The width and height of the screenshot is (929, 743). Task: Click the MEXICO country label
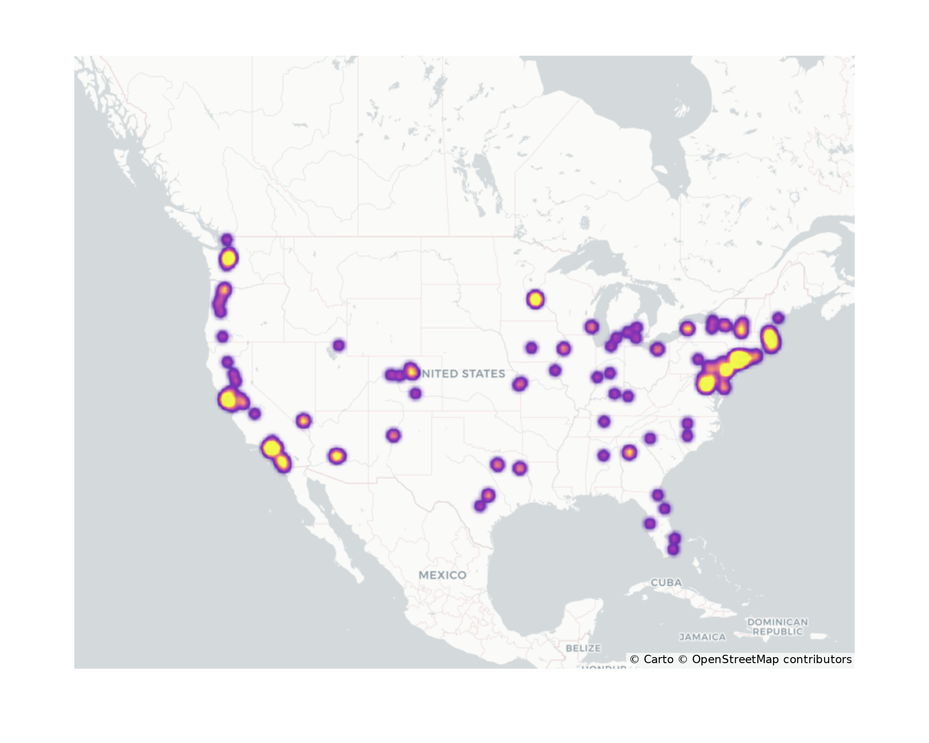pyautogui.click(x=442, y=575)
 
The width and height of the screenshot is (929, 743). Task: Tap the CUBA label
pyautogui.click(x=666, y=582)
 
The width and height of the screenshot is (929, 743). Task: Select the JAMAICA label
pyautogui.click(x=702, y=637)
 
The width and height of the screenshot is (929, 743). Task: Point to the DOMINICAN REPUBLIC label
pyautogui.click(x=778, y=626)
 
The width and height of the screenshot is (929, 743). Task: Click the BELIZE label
pyautogui.click(x=583, y=648)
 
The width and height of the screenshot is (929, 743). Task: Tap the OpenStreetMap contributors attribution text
pyautogui.click(x=772, y=659)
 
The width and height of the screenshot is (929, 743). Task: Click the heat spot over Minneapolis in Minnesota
pyautogui.click(x=536, y=299)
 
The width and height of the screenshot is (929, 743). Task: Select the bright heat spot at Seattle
pyautogui.click(x=228, y=258)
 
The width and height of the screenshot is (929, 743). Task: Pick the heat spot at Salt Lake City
pyautogui.click(x=339, y=345)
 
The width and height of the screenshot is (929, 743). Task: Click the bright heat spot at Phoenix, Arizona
pyautogui.click(x=337, y=456)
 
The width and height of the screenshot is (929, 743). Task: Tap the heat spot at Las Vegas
pyautogui.click(x=303, y=421)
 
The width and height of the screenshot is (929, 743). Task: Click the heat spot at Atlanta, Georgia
pyautogui.click(x=629, y=452)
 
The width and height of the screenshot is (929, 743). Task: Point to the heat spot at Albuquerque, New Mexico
pyautogui.click(x=393, y=436)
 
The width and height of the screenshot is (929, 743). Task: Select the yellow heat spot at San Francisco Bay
pyautogui.click(x=228, y=400)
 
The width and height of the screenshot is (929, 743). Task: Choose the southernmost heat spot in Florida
pyautogui.click(x=673, y=549)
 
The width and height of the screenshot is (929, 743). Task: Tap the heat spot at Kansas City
pyautogui.click(x=520, y=384)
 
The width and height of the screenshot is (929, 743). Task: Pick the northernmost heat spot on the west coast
pyautogui.click(x=227, y=240)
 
